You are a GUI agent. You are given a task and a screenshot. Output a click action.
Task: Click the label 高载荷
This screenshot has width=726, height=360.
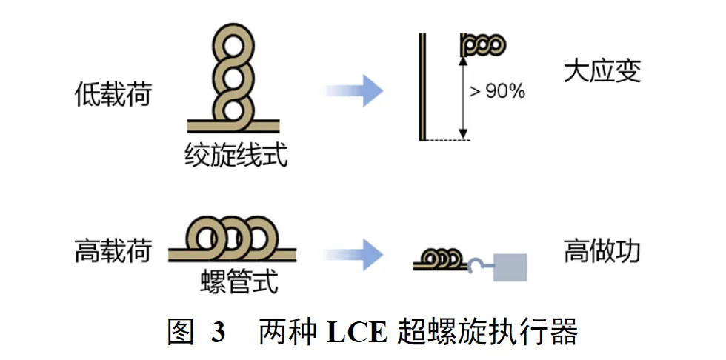tap(113, 252)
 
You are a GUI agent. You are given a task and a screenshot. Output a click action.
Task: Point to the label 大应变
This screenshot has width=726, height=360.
tap(601, 72)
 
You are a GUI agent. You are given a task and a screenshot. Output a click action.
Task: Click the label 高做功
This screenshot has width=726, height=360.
tap(602, 252)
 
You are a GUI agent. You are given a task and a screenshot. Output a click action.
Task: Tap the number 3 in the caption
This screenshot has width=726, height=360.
tap(217, 330)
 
